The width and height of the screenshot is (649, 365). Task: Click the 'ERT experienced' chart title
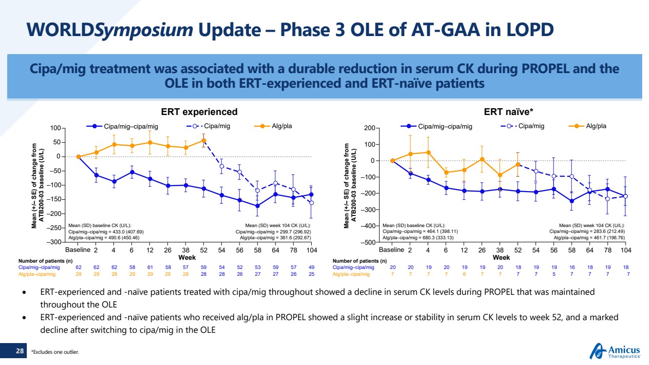click(200, 112)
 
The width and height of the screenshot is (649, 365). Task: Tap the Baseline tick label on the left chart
click(78, 250)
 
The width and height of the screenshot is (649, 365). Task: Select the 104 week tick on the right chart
click(626, 250)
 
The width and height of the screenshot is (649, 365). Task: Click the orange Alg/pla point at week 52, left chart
click(204, 141)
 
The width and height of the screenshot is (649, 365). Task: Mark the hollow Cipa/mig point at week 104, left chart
click(312, 203)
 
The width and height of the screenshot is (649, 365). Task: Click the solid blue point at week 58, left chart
click(258, 206)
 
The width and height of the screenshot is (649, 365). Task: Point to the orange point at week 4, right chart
click(428, 153)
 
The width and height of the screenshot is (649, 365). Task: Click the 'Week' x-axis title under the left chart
click(187, 257)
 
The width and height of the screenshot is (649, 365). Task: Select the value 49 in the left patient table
click(312, 267)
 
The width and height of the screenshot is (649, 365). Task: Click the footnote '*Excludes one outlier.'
click(55, 351)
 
